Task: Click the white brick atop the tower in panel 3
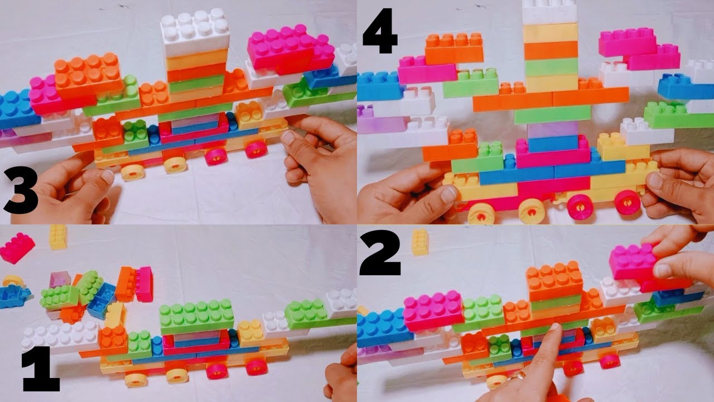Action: tap(195, 33)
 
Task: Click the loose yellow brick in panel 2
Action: tap(420, 242)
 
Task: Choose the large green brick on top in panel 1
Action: tap(196, 316)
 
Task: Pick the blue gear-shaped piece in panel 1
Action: tap(14, 294)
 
